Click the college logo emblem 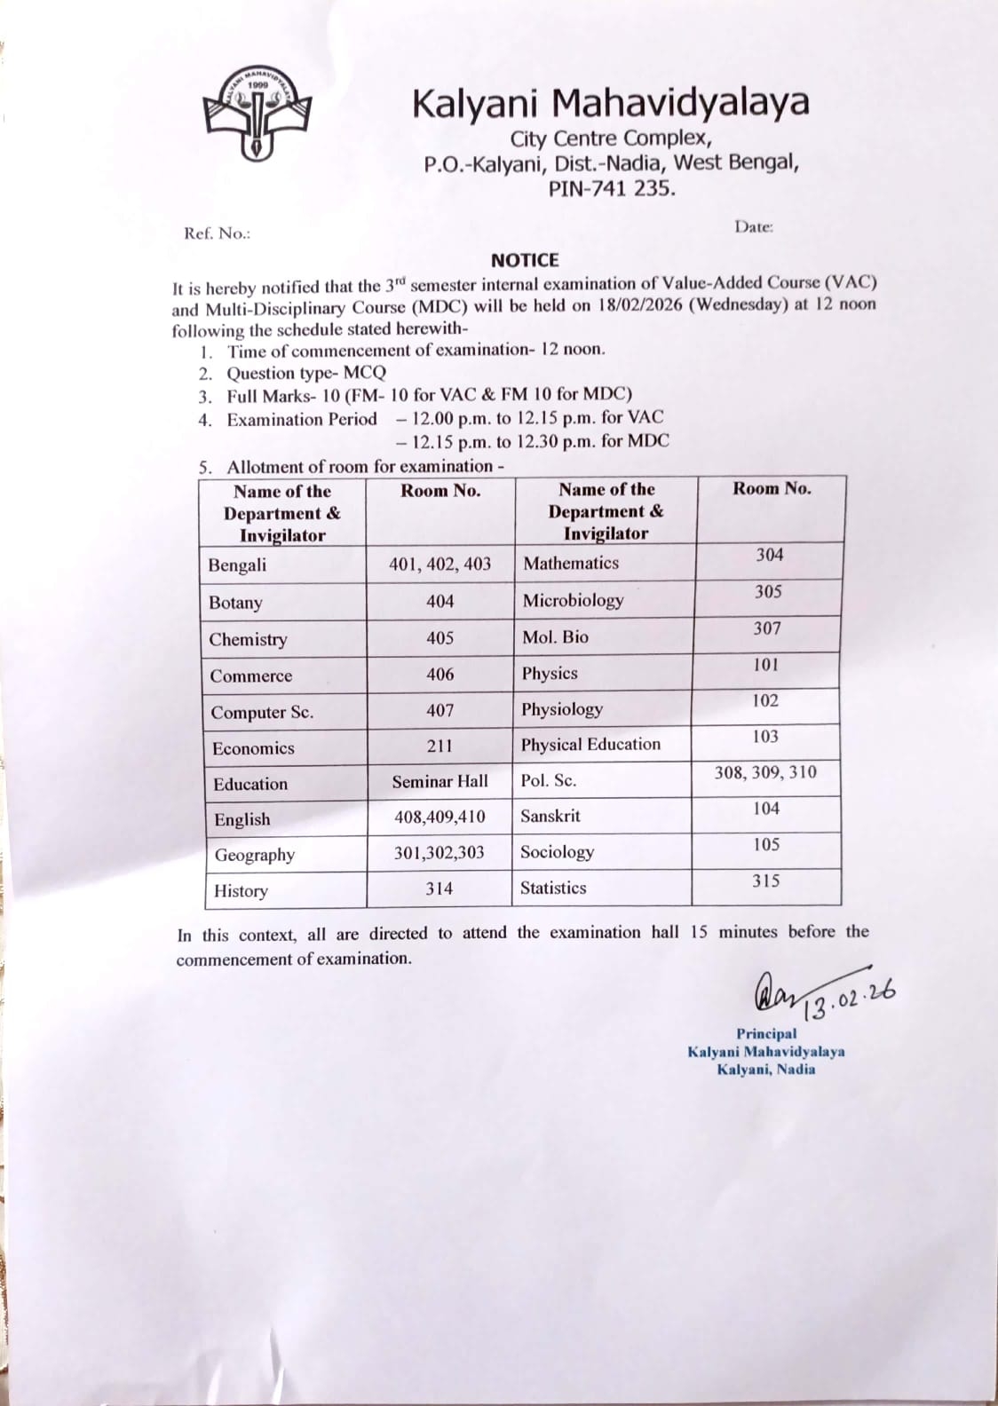(x=256, y=111)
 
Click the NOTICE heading (x=525, y=260)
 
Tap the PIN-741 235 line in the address (x=611, y=188)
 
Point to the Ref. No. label (x=217, y=233)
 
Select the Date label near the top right (x=753, y=226)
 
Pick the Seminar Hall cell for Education (x=440, y=781)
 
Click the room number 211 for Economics (x=440, y=746)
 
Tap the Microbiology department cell (x=573, y=600)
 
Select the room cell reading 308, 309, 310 (x=765, y=772)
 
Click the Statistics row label (x=553, y=888)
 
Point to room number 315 (x=765, y=881)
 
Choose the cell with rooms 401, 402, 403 (x=440, y=564)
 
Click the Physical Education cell (x=590, y=744)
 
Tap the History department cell (x=241, y=890)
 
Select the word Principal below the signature (x=766, y=1033)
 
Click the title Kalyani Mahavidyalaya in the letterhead (x=610, y=104)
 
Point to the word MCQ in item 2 (x=365, y=373)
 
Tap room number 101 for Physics (x=765, y=664)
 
